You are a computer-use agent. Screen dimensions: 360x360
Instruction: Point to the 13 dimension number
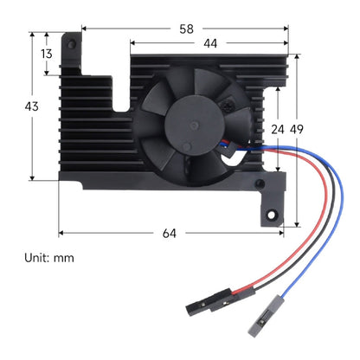46,54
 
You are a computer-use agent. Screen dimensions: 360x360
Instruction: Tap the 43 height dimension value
31,106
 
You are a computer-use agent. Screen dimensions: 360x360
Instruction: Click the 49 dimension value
297,130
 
